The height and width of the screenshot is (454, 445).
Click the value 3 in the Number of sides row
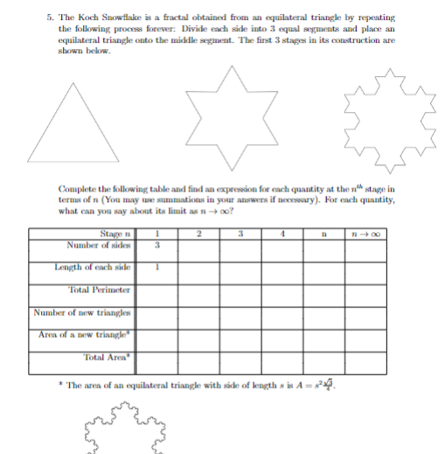click(x=158, y=242)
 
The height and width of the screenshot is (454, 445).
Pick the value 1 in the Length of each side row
click(x=158, y=266)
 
